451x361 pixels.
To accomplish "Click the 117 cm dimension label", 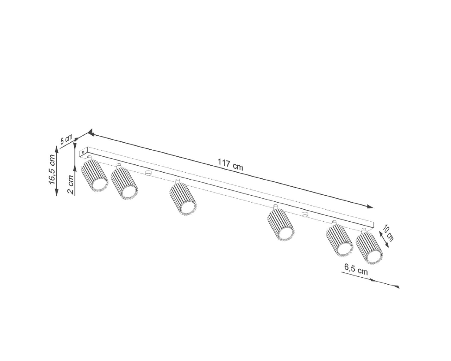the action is pyautogui.click(x=230, y=165).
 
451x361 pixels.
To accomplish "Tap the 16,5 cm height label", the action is pyautogui.click(x=52, y=169).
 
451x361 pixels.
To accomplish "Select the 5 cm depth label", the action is pyautogui.click(x=66, y=140).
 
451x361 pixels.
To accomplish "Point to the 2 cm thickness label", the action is pyautogui.click(x=70, y=184).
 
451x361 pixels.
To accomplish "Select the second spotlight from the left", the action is pyautogui.click(x=124, y=181).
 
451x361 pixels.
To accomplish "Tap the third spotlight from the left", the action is pyautogui.click(x=183, y=197).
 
